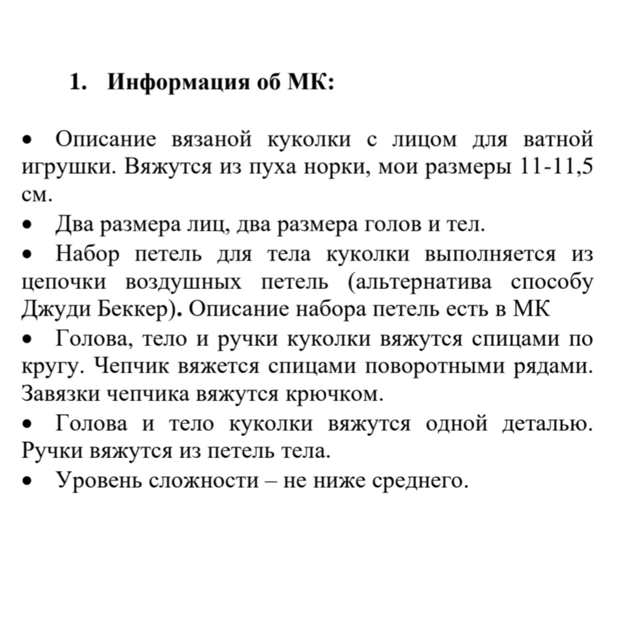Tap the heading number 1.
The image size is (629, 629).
(75, 82)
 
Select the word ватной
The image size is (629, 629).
(558, 139)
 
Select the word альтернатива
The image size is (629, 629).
(425, 282)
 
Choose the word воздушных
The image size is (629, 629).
(184, 282)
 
